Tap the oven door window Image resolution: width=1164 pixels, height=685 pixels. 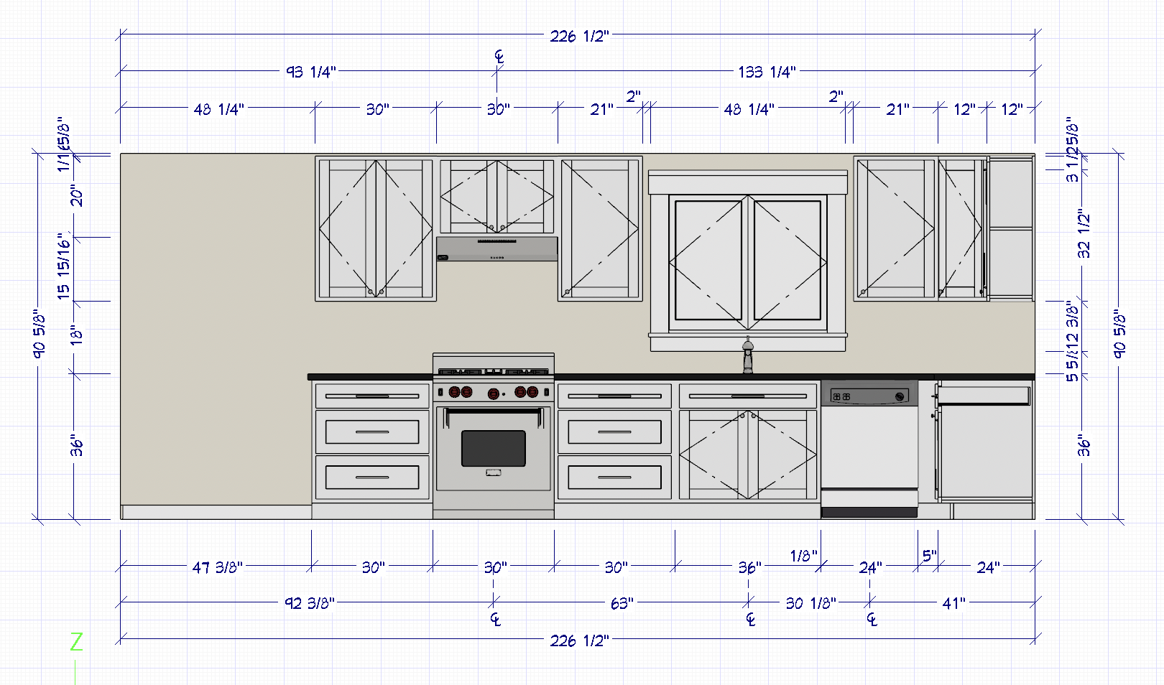coord(493,448)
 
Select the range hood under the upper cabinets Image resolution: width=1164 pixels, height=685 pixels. coord(496,249)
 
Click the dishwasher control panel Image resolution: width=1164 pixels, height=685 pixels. coord(869,396)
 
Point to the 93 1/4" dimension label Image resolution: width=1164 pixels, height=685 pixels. coord(310,72)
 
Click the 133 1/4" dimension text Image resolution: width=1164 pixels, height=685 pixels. coord(767,72)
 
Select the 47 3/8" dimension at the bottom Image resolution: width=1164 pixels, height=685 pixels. coord(217,567)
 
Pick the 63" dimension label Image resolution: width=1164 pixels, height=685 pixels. coord(622,603)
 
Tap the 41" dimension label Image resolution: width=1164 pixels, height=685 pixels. coord(953,603)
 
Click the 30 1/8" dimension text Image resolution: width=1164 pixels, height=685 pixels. coord(811,603)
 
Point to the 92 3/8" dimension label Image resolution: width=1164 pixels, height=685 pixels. coord(310,603)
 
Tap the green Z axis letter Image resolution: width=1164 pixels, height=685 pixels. coord(76,641)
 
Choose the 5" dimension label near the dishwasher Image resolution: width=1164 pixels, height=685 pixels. coord(929,556)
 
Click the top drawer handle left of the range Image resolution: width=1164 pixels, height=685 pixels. coord(372,396)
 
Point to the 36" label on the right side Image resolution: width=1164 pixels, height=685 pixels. coord(1084,446)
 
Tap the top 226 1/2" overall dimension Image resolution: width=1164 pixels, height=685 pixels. coord(579,36)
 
